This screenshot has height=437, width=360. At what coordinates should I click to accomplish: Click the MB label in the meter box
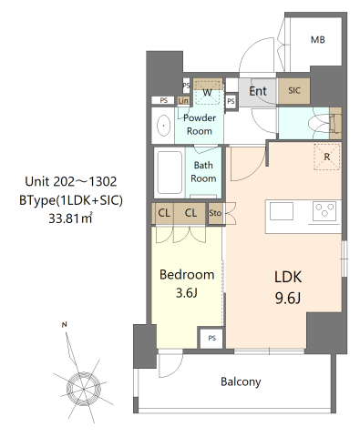318,40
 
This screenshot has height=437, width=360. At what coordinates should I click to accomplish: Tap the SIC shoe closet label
294,90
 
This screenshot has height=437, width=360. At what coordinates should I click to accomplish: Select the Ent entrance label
258,91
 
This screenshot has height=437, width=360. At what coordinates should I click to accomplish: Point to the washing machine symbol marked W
207,93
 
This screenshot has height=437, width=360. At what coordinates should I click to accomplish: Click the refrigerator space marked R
327,157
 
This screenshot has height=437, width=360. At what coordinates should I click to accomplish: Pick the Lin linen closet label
183,100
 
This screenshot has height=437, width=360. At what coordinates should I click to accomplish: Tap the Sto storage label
215,213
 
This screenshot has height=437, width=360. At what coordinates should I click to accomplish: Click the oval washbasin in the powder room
164,126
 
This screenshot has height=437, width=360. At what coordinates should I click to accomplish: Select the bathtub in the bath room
170,172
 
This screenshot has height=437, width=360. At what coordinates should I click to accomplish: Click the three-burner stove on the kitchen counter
324,210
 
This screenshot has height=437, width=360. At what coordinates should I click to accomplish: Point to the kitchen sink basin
282,211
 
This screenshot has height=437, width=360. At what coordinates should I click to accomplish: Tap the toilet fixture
322,124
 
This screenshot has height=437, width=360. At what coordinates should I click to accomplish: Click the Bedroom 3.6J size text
187,293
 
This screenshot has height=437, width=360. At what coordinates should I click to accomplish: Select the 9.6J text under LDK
288,299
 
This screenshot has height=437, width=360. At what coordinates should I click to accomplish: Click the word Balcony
241,381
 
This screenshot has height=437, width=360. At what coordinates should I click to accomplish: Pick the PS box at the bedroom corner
211,338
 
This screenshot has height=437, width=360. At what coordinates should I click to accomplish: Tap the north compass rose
83,387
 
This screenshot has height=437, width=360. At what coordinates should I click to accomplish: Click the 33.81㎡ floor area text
70,218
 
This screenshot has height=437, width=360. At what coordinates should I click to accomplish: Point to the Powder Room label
200,125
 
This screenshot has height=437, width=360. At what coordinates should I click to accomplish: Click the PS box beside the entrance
231,101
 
